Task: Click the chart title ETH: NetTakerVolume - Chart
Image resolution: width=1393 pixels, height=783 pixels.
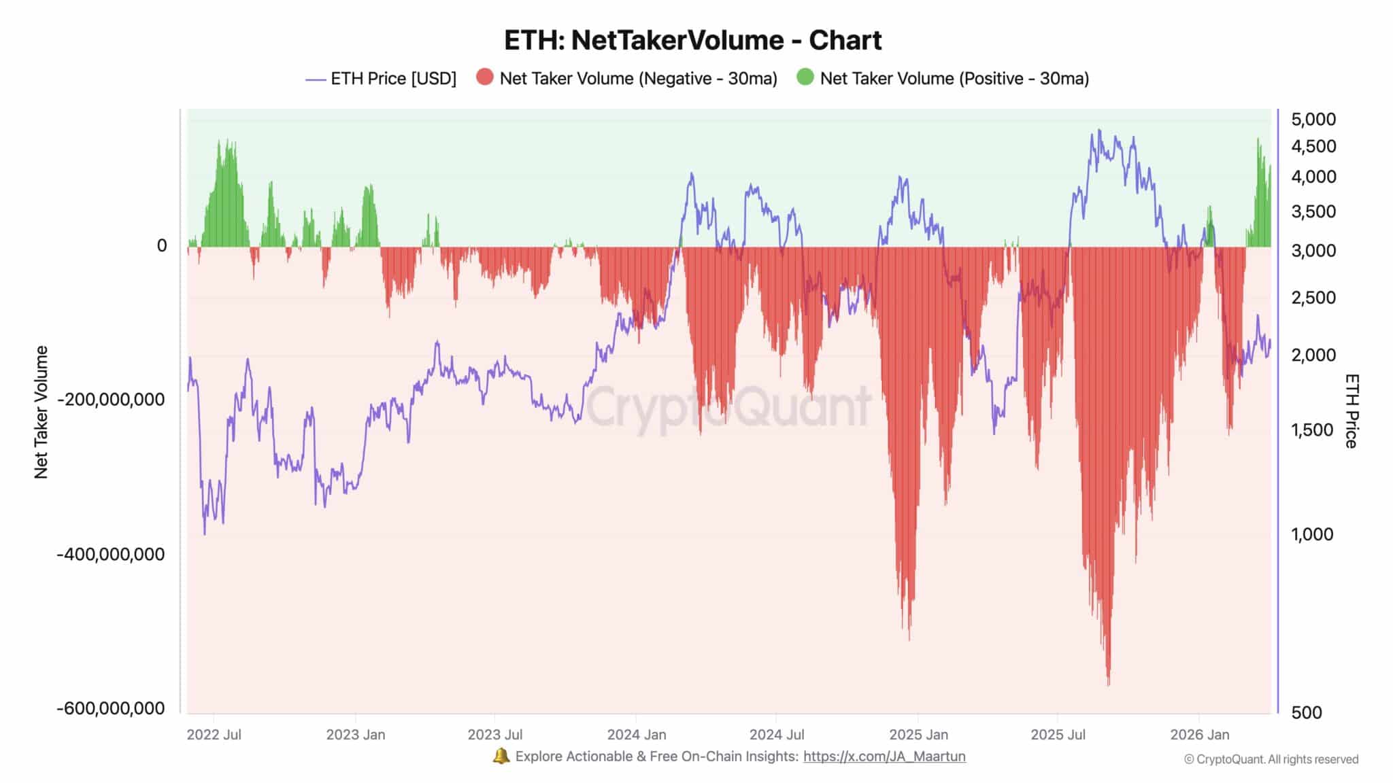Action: (x=692, y=41)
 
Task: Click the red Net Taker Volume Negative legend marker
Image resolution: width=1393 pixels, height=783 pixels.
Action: (x=485, y=77)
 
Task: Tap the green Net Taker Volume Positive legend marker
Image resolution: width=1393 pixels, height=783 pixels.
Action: (x=805, y=77)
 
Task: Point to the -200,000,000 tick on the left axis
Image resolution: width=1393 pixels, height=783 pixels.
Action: (x=111, y=400)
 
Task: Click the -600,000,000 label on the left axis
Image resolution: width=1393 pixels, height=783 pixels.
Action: (x=111, y=708)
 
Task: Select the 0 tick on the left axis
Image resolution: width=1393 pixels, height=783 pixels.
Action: (x=162, y=246)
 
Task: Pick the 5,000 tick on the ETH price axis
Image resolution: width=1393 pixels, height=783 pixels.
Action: (x=1313, y=120)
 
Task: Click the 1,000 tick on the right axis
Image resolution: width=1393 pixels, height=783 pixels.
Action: (x=1312, y=534)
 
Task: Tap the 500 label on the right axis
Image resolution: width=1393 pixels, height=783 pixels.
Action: (x=1307, y=712)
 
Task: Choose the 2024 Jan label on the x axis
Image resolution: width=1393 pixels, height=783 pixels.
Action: (x=637, y=735)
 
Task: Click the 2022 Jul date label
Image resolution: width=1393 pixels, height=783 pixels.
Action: (x=214, y=735)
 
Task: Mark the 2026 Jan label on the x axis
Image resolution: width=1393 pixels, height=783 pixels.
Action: (x=1199, y=735)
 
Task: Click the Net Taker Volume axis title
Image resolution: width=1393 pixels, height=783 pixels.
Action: (x=41, y=412)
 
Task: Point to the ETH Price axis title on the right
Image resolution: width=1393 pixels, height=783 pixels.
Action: (x=1351, y=411)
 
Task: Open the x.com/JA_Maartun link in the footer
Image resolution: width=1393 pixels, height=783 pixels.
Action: (x=884, y=756)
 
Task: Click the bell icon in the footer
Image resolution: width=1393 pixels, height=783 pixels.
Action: (x=501, y=756)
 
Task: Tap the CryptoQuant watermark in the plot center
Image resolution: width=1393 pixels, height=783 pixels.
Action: (x=728, y=406)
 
